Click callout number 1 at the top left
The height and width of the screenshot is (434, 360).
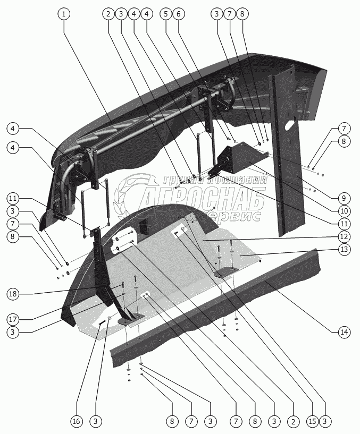(x=64, y=14)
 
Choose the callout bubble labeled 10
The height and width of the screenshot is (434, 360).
(x=343, y=211)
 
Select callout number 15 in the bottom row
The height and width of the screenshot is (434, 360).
(x=312, y=421)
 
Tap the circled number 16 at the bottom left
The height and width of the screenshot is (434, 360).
(x=77, y=421)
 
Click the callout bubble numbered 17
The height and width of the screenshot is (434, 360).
(x=14, y=320)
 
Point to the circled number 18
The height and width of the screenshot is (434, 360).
(x=14, y=294)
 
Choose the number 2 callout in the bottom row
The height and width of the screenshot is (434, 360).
(x=292, y=421)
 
